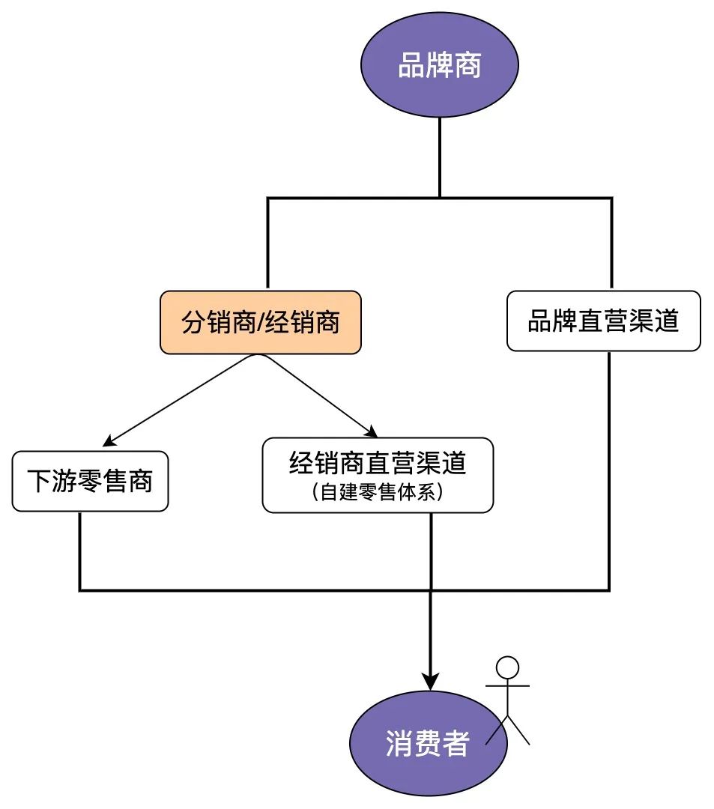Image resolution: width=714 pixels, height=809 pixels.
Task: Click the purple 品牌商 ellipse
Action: click(x=439, y=66)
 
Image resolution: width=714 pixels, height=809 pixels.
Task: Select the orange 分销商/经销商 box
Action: click(x=261, y=322)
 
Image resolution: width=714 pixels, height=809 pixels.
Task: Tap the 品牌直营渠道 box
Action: click(x=603, y=321)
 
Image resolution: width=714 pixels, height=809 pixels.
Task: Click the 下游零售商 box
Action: click(x=90, y=480)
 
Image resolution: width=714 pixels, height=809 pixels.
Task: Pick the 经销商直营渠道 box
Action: click(x=378, y=475)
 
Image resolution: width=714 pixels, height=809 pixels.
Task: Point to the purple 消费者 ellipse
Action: click(x=427, y=743)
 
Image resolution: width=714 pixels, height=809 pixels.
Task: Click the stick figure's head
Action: click(x=508, y=666)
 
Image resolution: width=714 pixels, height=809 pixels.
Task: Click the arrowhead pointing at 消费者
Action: click(x=431, y=682)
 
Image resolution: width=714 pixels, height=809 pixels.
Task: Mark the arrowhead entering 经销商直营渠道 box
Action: click(x=371, y=432)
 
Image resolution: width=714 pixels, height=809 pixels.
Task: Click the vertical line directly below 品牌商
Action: click(x=440, y=157)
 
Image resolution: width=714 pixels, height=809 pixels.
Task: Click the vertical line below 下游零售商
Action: click(x=79, y=551)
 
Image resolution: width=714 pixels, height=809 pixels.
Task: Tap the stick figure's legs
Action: click(x=509, y=730)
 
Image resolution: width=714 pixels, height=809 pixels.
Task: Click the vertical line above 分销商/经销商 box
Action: click(x=268, y=243)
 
